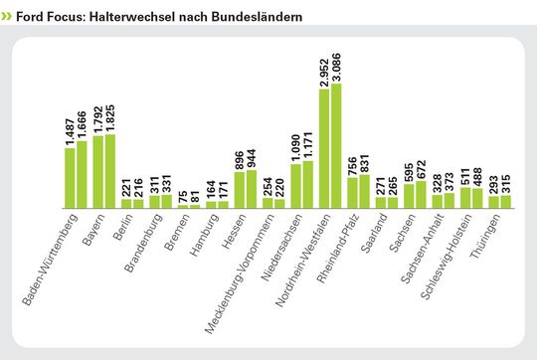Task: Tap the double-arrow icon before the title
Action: tap(8, 18)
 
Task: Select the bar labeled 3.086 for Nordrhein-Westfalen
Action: tap(337, 145)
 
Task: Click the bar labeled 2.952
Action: tap(325, 148)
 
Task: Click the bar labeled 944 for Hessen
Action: tap(252, 189)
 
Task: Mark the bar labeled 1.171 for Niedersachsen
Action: tap(308, 184)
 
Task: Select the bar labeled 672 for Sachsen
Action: tap(422, 194)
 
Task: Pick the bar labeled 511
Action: tap(465, 198)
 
